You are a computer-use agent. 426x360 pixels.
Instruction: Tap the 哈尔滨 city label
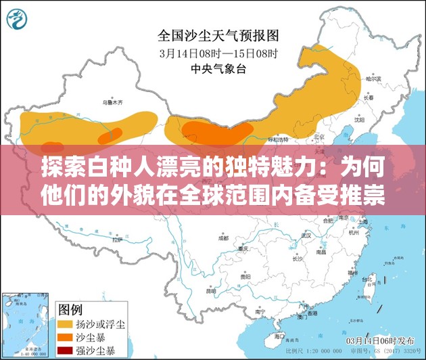tap(373, 79)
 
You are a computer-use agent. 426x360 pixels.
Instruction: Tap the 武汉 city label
tap(306, 235)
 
